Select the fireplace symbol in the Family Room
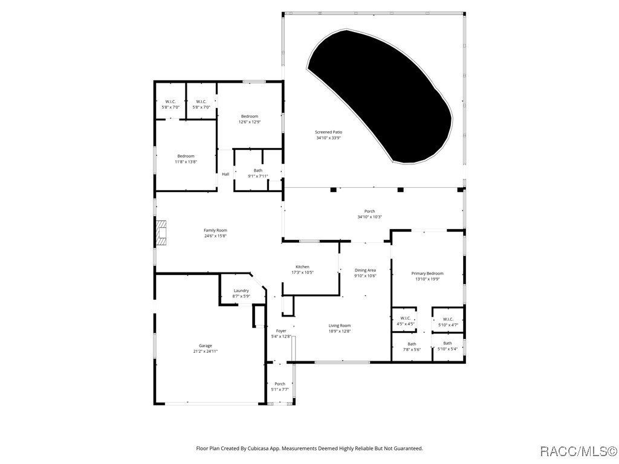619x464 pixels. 161,233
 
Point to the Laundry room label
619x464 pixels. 241,291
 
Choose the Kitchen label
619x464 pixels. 302,266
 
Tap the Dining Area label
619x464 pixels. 365,270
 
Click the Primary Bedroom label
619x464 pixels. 427,273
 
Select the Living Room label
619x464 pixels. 340,326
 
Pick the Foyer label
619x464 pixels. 281,330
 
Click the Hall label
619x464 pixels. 225,174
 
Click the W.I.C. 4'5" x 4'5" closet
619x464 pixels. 405,321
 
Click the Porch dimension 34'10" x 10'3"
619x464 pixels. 369,217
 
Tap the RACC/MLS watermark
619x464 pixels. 578,451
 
